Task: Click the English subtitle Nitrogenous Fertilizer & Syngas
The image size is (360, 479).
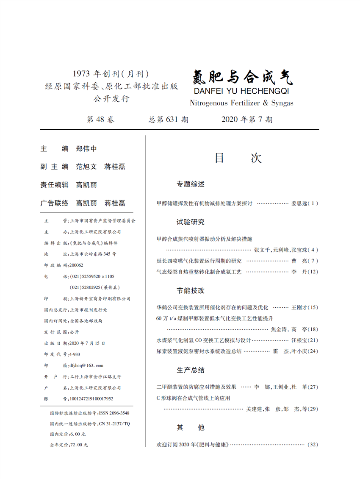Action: [241, 103]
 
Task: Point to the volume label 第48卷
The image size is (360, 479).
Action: [100, 120]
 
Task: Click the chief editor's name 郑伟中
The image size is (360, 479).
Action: [86, 149]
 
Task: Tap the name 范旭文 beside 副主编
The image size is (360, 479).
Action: [86, 167]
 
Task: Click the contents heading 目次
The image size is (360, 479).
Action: [238, 158]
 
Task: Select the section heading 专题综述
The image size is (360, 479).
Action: [191, 184]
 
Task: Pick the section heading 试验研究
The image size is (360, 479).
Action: [191, 222]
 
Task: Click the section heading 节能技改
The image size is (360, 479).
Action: [191, 291]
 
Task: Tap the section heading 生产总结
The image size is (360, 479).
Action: [191, 370]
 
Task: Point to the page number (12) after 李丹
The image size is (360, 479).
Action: [311, 272]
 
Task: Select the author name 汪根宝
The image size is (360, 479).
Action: [299, 340]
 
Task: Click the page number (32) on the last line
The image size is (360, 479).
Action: [312, 445]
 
